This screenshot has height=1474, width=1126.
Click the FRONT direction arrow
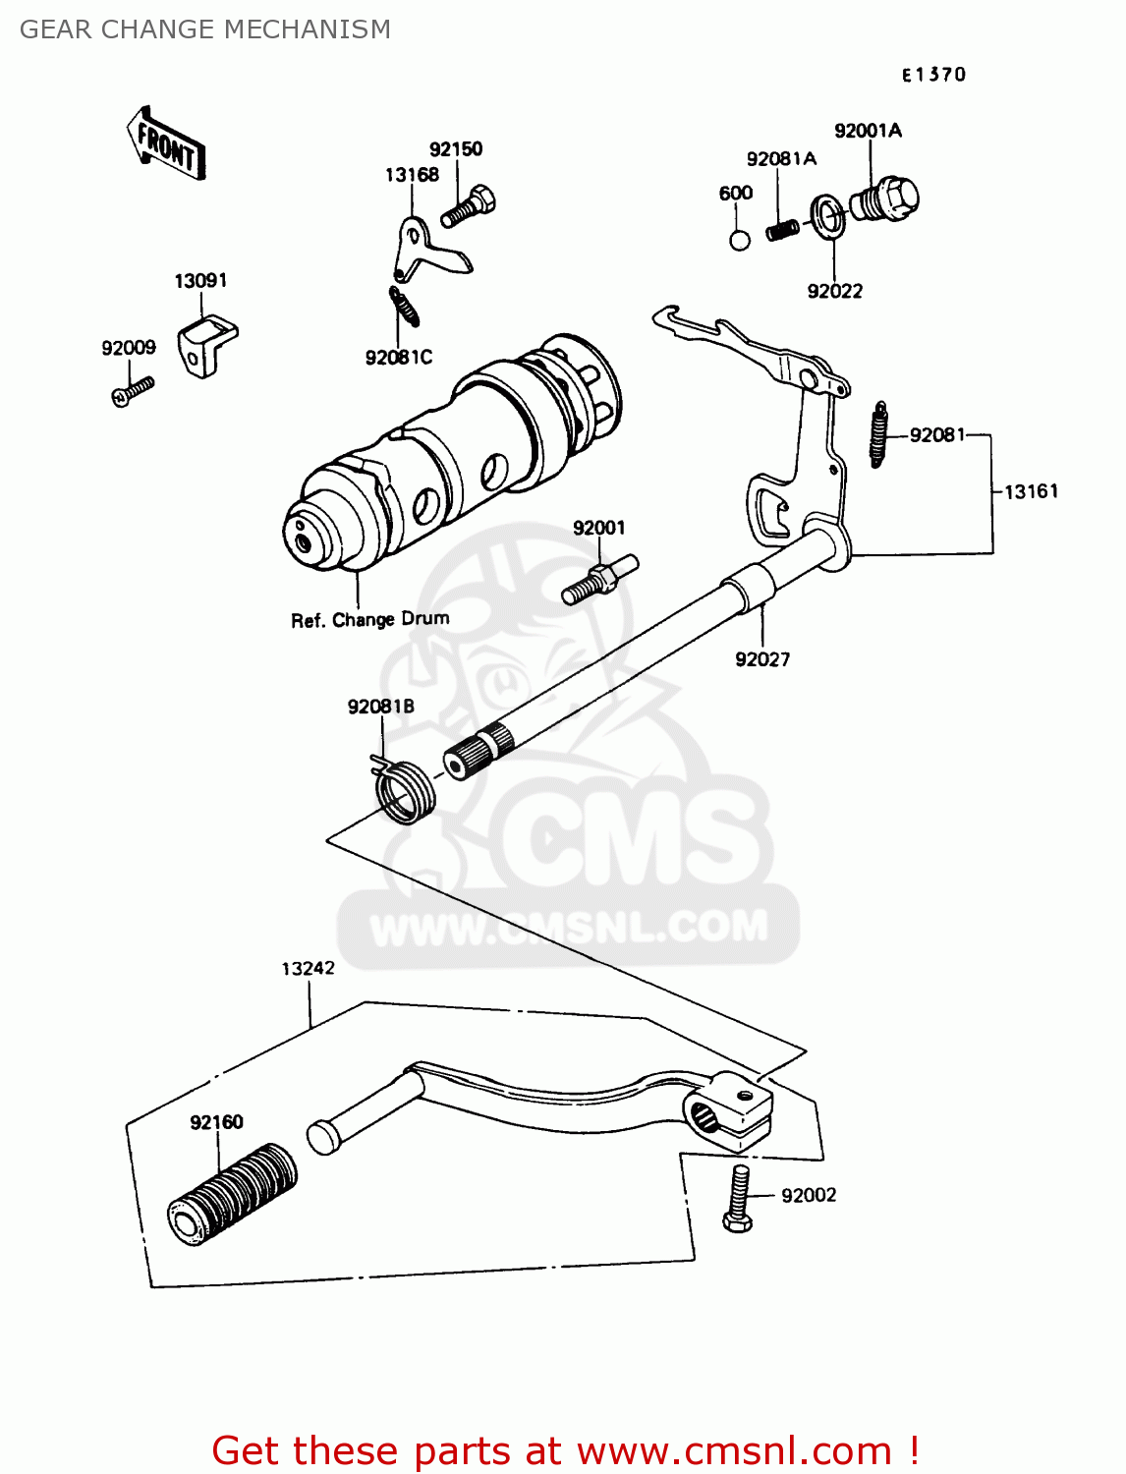coord(167,144)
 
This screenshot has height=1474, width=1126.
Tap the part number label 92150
coord(456,149)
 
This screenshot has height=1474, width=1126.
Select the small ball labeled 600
coord(740,240)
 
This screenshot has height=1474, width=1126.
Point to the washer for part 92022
coord(827,216)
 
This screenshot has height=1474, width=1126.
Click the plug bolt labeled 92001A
coord(884,198)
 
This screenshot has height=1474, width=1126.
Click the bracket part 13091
coord(205,345)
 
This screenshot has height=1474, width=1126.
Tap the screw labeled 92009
coord(132,391)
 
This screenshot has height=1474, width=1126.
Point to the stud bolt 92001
coord(599,580)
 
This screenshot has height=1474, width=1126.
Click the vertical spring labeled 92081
coord(878,433)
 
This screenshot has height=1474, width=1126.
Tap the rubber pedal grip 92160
coord(232,1195)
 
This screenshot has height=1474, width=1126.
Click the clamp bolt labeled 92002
coord(739,1198)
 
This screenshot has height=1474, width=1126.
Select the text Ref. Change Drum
coord(370,620)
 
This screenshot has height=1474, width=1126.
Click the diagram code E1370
coord(934,75)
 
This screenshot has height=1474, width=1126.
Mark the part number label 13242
coord(308,969)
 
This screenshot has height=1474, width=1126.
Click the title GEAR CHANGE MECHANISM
coord(205,29)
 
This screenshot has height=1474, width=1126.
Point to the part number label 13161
coord(1032,491)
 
